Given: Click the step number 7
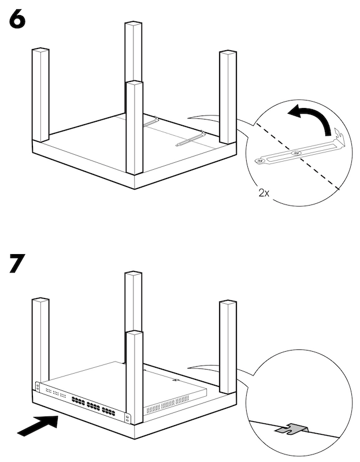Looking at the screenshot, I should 17,263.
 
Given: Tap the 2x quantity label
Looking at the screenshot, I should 263,193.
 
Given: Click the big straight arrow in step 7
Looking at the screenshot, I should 38,426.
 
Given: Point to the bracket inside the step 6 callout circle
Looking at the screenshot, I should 300,151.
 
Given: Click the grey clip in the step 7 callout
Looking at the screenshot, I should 292,429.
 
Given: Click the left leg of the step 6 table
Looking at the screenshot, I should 40,95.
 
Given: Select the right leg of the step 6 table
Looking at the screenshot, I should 228,97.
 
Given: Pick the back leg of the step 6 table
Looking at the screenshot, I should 133,64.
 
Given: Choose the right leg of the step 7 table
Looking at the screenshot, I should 228,345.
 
